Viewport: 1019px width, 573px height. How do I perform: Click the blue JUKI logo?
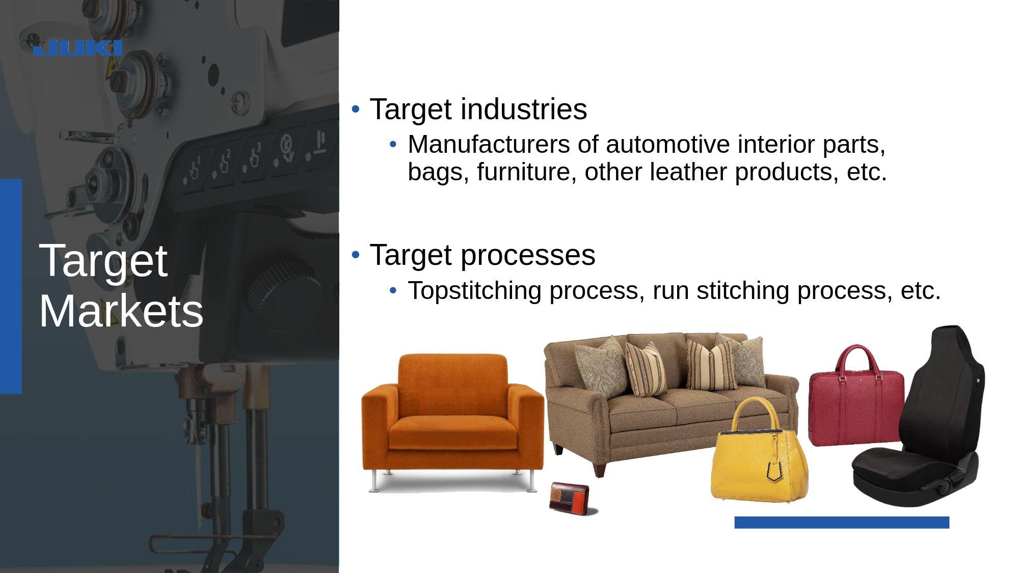77,48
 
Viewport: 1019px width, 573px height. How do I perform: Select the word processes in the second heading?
528,255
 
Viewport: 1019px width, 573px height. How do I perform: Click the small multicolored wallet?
572,497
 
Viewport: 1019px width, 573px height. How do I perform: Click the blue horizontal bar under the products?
842,523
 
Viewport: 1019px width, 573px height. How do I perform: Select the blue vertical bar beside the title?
11,286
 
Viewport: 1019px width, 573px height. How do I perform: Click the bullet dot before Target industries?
356,109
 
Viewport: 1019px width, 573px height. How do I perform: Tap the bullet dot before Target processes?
356,254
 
